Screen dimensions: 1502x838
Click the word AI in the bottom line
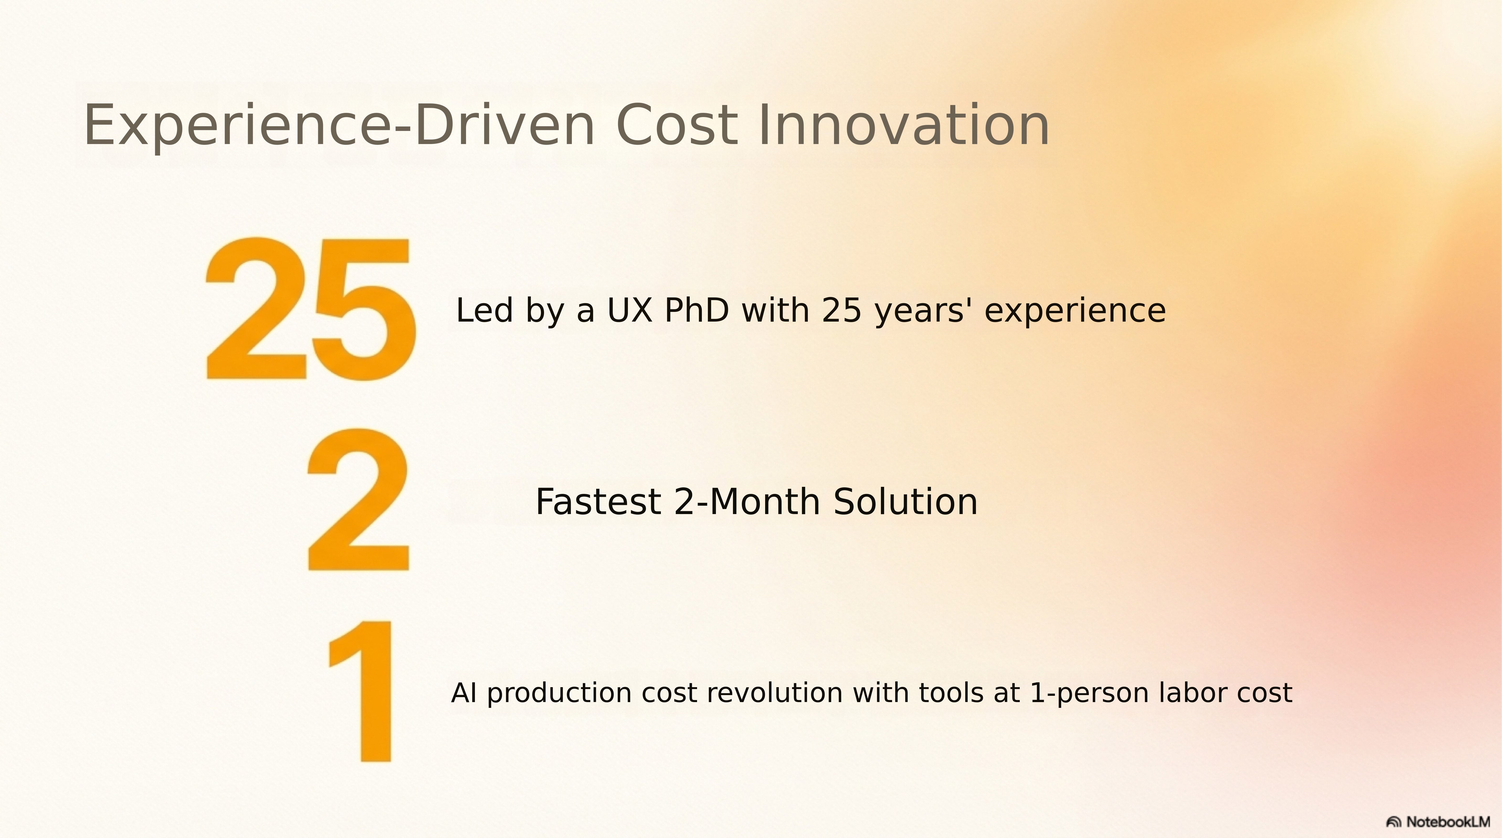click(464, 693)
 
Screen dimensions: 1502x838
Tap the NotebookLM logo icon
click(1394, 822)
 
